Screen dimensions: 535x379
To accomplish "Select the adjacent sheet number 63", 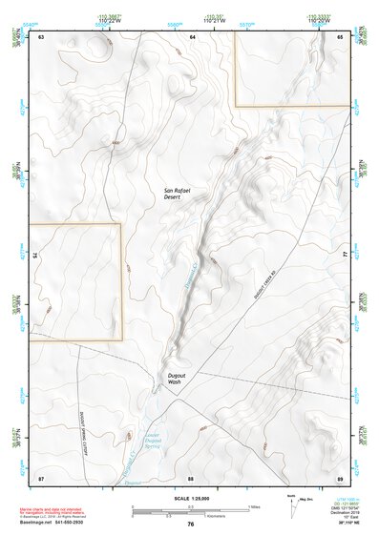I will click(x=41, y=36).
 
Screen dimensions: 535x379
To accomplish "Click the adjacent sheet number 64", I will click(x=192, y=36).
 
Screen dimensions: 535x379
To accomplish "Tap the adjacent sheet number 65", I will click(x=341, y=36).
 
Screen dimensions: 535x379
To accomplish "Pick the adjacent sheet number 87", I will click(x=41, y=477).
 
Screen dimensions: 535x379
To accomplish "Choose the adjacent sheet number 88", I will click(x=191, y=477).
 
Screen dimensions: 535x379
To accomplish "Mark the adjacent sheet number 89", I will click(x=341, y=477).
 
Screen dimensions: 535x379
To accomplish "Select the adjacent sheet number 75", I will click(x=37, y=257).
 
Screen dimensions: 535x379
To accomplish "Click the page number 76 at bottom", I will click(x=191, y=524).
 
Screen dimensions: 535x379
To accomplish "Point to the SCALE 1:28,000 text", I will click(x=191, y=497).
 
